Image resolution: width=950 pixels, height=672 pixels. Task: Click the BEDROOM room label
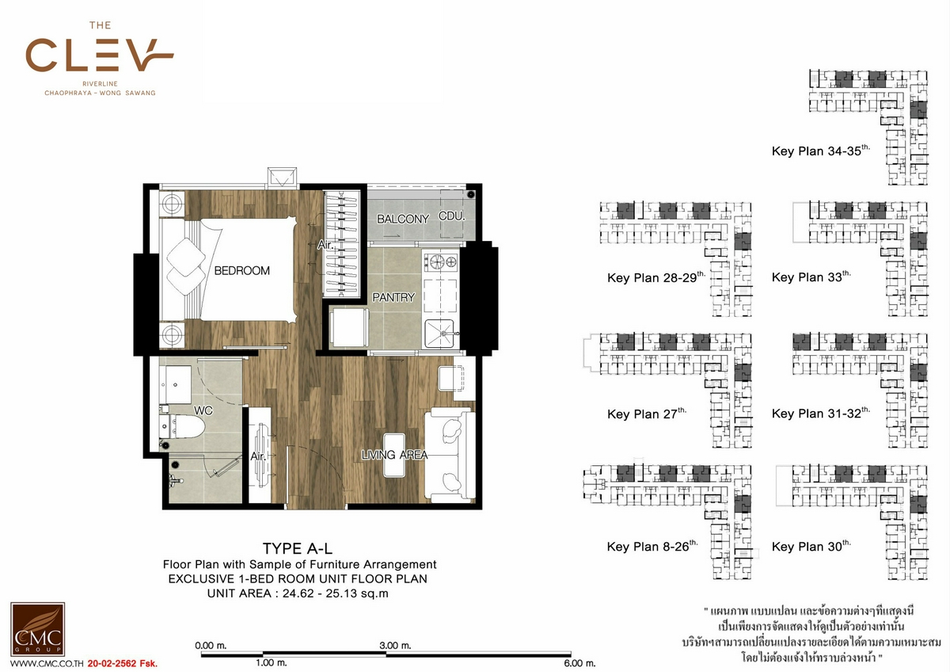point(241,270)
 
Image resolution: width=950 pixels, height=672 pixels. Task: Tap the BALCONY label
point(403,219)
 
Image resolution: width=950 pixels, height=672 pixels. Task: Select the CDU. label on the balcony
point(452,216)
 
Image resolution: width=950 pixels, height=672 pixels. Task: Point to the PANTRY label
point(393,297)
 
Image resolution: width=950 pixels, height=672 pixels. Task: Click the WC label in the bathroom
point(203,410)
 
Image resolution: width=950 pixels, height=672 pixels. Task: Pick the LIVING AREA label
point(394,455)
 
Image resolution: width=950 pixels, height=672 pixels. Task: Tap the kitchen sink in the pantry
point(441,334)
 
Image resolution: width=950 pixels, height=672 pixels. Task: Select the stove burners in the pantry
point(441,262)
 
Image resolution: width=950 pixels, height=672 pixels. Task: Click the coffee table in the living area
point(394,455)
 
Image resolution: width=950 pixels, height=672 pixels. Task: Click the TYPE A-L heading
point(298,548)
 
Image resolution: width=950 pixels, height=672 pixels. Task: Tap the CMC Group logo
point(37,628)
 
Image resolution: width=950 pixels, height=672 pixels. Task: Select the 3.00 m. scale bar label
point(395,646)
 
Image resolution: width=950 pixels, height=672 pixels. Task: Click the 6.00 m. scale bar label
point(579,663)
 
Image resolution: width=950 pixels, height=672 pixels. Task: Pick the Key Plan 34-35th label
point(821,151)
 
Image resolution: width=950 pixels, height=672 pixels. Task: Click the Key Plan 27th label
point(647,414)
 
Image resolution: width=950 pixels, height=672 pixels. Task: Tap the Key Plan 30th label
point(811,546)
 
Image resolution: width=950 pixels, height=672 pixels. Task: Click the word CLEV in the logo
point(100,55)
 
